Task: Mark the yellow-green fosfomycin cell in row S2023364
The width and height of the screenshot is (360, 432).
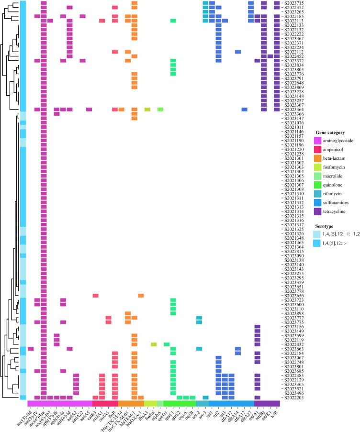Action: click(147, 110)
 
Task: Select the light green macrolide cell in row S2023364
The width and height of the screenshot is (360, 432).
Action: click(160, 110)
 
